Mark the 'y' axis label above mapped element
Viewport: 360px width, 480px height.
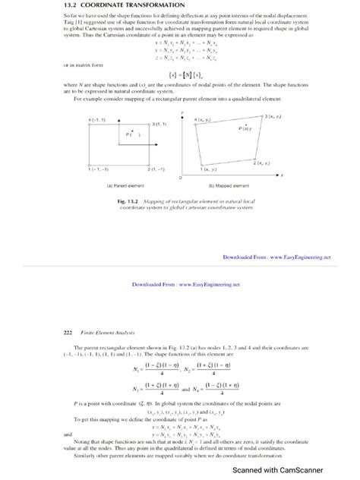[184, 112]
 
